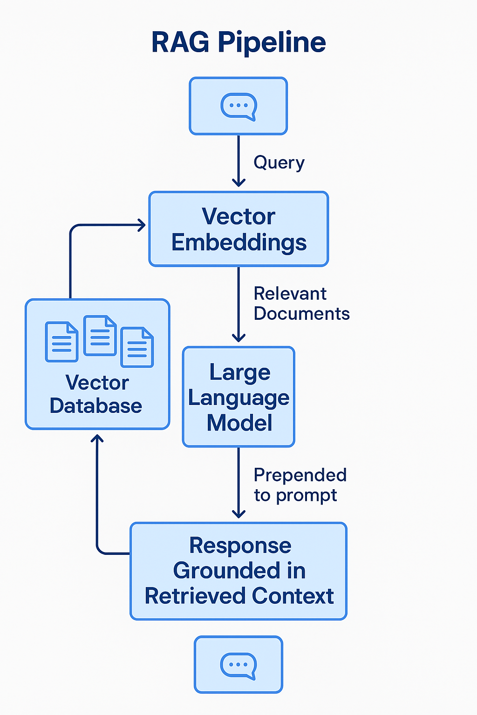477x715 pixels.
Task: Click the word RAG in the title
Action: click(180, 42)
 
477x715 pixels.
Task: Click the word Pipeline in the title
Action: click(272, 43)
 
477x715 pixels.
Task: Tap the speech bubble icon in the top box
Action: click(238, 107)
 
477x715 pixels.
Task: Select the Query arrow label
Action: click(279, 163)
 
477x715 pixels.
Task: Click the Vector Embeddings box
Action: click(238, 229)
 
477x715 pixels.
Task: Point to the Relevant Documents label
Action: click(301, 304)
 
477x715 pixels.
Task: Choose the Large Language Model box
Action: click(238, 397)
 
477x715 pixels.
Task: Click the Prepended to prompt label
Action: click(300, 485)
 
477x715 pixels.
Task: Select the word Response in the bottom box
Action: click(240, 546)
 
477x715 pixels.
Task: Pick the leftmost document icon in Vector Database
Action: click(61, 342)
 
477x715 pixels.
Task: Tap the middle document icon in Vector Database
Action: click(100, 336)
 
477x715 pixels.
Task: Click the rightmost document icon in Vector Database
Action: click(137, 347)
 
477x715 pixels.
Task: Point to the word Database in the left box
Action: click(96, 406)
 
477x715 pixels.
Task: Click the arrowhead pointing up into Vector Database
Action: click(97, 438)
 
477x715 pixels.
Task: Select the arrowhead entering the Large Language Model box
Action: click(238, 338)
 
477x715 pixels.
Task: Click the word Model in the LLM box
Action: click(239, 423)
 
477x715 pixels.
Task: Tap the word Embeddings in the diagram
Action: click(239, 243)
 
